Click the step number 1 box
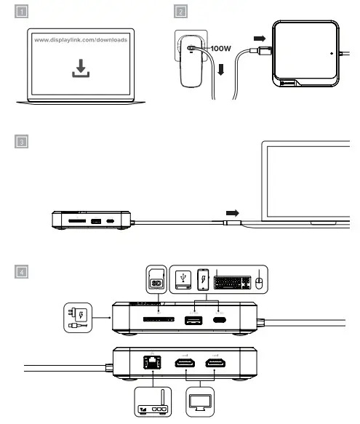[23, 12]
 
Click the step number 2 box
[180, 12]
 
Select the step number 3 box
[23, 142]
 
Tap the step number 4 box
[23, 273]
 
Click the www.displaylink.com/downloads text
[81, 40]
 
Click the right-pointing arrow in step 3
[232, 212]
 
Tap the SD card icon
[154, 280]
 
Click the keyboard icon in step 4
[233, 280]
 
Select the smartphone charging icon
[204, 279]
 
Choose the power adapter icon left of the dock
[78, 318]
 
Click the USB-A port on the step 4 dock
[193, 320]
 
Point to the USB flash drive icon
[183, 280]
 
